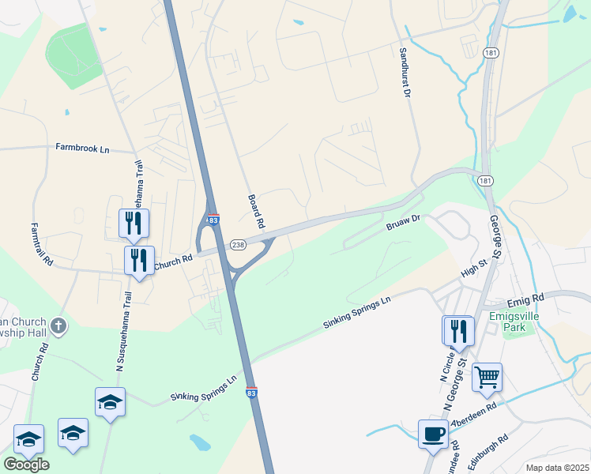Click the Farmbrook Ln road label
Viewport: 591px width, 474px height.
click(82, 148)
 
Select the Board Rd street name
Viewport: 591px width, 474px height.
click(255, 211)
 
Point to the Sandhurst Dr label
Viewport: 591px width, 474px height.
click(404, 72)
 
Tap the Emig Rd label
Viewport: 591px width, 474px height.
click(528, 298)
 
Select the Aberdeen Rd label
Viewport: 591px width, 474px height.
click(473, 415)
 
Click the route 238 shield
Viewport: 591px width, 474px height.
click(238, 245)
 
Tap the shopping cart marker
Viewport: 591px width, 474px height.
click(487, 377)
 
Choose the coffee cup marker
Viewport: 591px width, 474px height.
click(433, 434)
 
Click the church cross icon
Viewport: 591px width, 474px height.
click(59, 325)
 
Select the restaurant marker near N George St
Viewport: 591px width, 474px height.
click(457, 329)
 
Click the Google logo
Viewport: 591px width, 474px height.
click(26, 465)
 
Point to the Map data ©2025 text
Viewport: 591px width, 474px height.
click(557, 468)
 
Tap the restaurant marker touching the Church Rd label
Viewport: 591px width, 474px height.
click(140, 259)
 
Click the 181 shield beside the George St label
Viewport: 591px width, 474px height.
click(484, 181)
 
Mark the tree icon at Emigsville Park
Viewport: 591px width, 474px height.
click(510, 332)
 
